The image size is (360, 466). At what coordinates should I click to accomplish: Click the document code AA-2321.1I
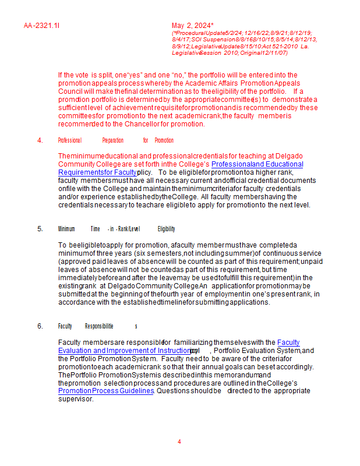(x=42, y=26)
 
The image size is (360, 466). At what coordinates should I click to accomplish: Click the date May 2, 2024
(x=193, y=26)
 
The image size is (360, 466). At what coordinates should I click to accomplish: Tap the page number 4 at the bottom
(x=179, y=442)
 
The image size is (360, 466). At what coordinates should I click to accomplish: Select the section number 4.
(x=40, y=140)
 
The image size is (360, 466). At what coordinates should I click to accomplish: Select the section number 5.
(x=40, y=229)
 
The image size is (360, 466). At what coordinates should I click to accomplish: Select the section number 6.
(x=40, y=326)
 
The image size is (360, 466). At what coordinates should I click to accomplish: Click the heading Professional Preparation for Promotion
(x=115, y=140)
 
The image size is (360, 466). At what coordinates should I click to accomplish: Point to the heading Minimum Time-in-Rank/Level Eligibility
(x=117, y=229)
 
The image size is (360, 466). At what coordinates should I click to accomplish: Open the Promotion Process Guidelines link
(x=105, y=391)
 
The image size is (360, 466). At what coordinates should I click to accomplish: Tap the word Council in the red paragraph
(x=70, y=91)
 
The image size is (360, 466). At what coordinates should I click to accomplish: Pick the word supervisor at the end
(x=75, y=399)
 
